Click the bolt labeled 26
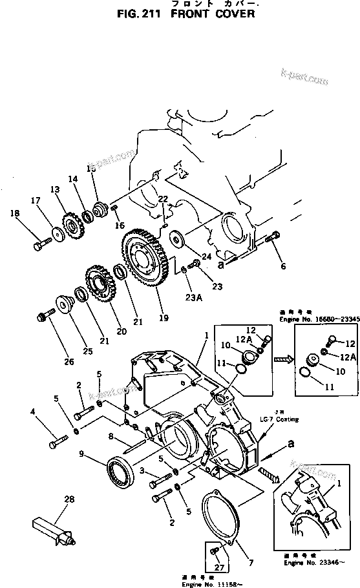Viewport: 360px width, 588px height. point(46,317)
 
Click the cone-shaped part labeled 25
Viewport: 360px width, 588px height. point(64,304)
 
